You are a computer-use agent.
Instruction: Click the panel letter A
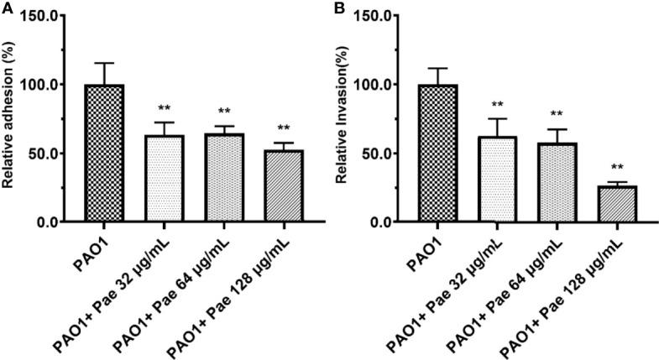7,8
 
